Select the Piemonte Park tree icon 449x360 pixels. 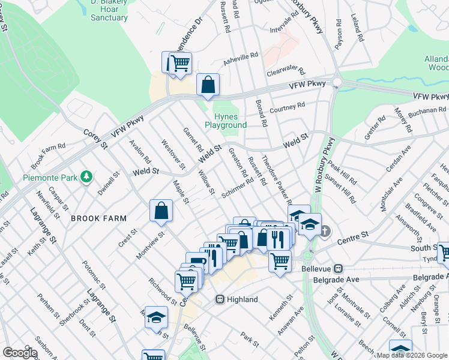pyautogui.click(x=88, y=176)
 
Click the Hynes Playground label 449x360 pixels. pyautogui.click(x=226, y=121)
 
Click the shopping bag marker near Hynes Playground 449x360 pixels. pyautogui.click(x=208, y=86)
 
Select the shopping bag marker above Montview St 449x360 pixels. pyautogui.click(x=161, y=211)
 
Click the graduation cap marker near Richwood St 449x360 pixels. pyautogui.click(x=156, y=317)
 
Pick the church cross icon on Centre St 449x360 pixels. pyautogui.click(x=325, y=231)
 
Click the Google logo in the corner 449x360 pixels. pyautogui.click(x=19, y=353)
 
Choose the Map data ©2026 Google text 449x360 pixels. pyautogui.click(x=411, y=355)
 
